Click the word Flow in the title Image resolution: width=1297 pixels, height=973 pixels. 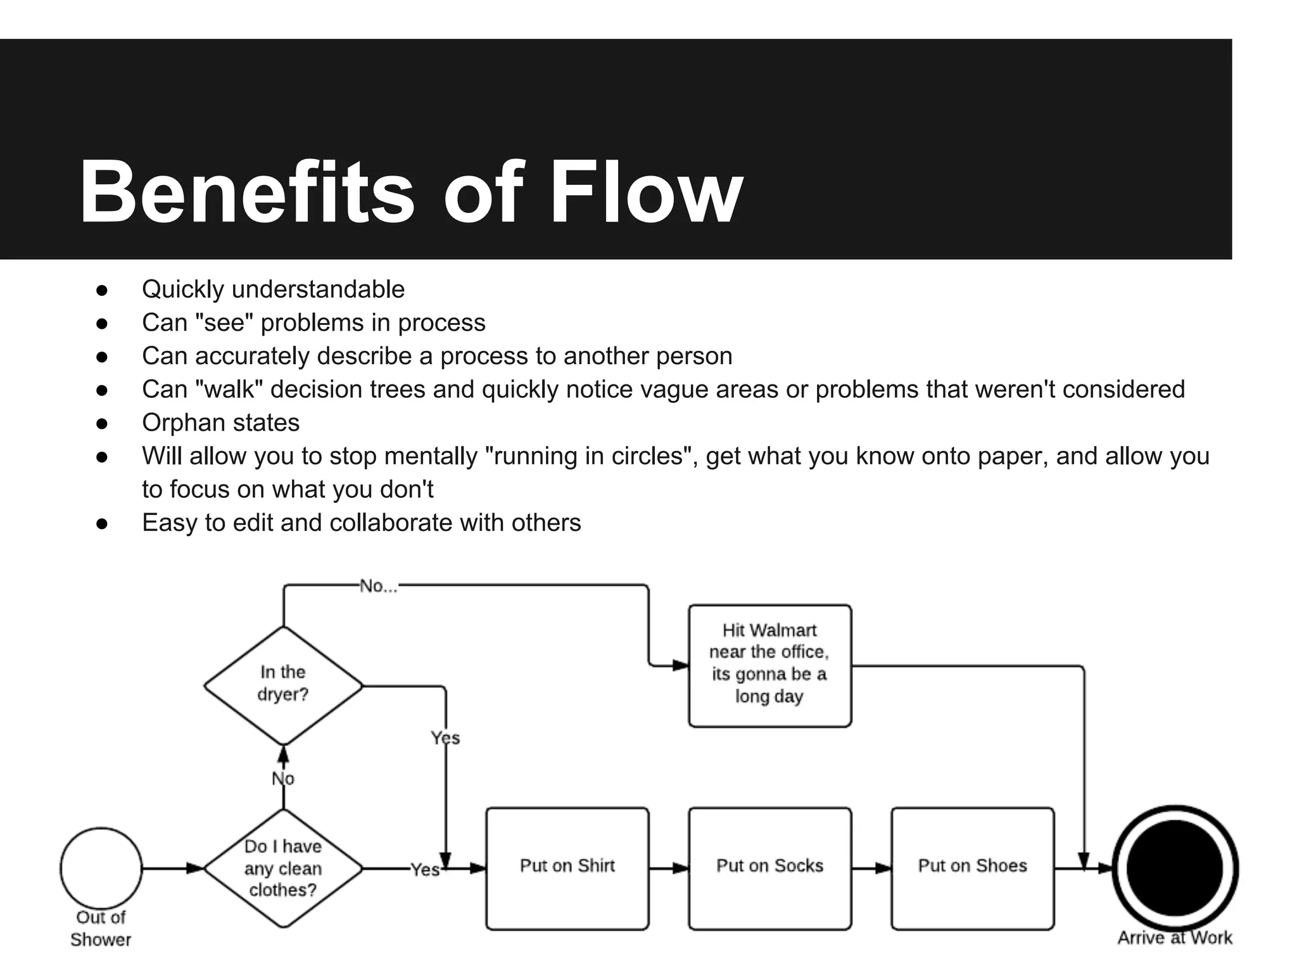(646, 193)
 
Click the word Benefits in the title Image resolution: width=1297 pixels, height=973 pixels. (247, 193)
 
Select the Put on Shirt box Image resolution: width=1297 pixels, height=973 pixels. (567, 868)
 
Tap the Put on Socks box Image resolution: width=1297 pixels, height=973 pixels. (769, 868)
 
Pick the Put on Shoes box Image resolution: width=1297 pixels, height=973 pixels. (972, 868)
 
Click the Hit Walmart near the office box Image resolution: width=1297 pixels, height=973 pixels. (769, 665)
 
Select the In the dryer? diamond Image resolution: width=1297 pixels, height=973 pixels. (283, 684)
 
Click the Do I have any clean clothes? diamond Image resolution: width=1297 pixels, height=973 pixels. (283, 868)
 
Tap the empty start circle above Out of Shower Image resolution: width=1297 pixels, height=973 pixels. (101, 867)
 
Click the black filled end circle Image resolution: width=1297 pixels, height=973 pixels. (1175, 867)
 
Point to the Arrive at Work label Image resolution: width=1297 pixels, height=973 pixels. (1175, 938)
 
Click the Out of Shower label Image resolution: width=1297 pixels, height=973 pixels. (101, 929)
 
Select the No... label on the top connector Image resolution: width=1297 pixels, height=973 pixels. (379, 587)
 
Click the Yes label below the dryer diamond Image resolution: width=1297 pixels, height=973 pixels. (445, 738)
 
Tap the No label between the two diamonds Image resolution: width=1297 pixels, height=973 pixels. (283, 779)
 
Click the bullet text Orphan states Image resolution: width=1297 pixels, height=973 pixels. (220, 423)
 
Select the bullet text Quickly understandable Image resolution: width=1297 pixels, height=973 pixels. (273, 289)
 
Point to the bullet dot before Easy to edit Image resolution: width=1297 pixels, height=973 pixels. (102, 523)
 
